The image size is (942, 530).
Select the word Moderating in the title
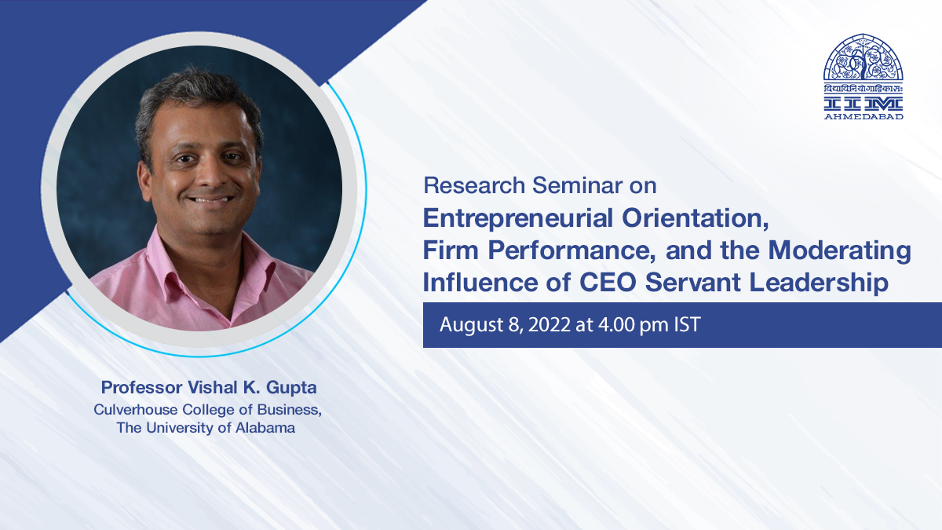click(840, 251)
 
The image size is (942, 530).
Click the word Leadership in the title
click(819, 283)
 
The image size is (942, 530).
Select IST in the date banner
click(688, 325)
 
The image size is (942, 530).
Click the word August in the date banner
click(471, 325)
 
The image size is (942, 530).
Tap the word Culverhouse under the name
click(135, 410)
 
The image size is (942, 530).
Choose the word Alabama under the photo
click(265, 428)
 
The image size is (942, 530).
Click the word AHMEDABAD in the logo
click(863, 116)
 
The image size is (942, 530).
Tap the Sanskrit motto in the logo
click(863, 90)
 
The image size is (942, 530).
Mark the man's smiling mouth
click(210, 199)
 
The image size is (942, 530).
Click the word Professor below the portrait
click(142, 388)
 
